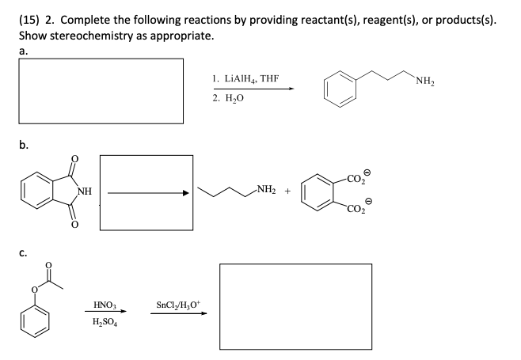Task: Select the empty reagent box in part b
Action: coord(147,192)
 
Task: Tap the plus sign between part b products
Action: coord(287,191)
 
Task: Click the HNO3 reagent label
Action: coord(104,303)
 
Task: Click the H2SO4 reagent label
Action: coord(104,323)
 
